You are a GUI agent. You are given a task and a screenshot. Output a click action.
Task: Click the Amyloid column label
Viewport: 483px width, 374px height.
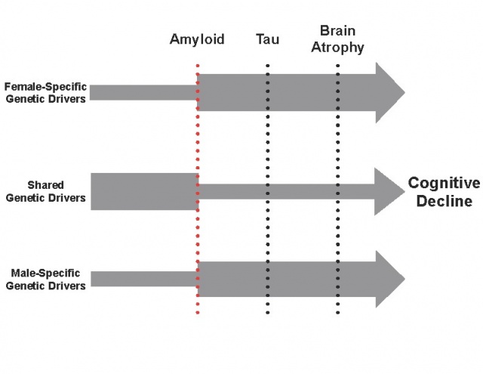click(196, 39)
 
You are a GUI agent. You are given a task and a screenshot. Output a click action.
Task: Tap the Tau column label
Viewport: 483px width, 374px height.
click(267, 39)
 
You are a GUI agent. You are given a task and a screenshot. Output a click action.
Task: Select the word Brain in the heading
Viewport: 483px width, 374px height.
click(337, 32)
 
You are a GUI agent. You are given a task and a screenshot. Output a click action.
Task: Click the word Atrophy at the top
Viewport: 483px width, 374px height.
click(337, 48)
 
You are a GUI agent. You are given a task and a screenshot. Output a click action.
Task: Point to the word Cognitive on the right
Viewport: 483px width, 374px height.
click(444, 184)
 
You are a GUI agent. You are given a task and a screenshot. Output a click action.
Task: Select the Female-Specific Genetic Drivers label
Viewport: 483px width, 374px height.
click(45, 92)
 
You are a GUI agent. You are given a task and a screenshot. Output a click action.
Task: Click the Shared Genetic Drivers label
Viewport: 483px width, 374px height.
click(45, 191)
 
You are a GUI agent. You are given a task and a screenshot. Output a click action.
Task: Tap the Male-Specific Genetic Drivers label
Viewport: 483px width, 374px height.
click(45, 279)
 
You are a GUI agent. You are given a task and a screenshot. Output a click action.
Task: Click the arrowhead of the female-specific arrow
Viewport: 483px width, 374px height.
click(388, 93)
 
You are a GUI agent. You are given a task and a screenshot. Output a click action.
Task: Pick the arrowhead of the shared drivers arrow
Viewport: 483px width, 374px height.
click(388, 191)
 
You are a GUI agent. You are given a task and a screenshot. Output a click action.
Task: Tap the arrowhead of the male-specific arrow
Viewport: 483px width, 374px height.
click(388, 280)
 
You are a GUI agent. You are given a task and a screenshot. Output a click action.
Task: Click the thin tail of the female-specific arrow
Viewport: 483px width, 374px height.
click(143, 93)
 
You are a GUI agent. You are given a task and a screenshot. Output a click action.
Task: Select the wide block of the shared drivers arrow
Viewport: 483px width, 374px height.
click(143, 191)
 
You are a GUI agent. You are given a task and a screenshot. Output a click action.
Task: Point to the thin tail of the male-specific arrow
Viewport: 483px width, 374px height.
click(143, 280)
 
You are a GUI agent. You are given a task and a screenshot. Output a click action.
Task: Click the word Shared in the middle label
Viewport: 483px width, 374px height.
click(45, 184)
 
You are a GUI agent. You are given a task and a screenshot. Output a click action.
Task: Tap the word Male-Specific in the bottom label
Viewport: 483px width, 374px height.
click(45, 273)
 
